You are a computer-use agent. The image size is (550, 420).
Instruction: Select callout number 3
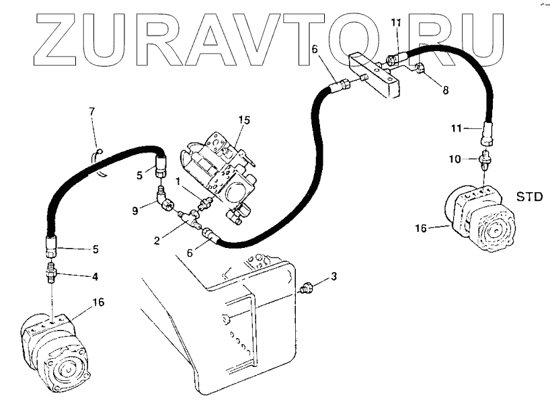pos(333,277)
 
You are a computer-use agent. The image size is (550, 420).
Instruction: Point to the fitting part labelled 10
pos(483,162)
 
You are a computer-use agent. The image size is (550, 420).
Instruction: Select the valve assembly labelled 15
pos(219,171)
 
